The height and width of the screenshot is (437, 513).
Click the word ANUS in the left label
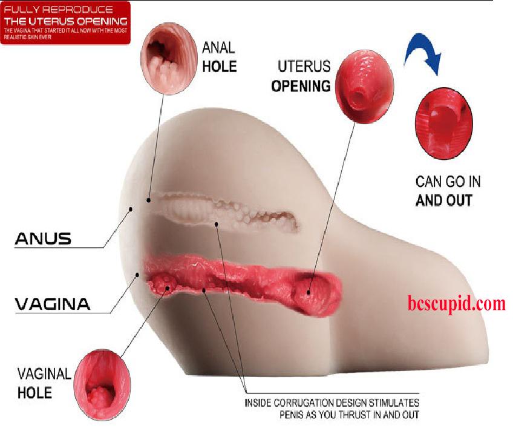43,238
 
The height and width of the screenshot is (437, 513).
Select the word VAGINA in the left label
53,304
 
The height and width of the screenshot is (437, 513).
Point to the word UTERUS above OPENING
304,67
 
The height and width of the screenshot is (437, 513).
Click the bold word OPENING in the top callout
301,86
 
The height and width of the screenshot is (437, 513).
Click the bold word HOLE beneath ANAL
220,67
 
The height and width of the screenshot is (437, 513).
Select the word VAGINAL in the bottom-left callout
44,374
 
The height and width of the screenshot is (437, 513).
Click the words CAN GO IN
448,182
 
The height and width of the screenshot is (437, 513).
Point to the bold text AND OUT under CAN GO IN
444,200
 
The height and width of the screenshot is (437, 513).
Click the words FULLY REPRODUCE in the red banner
58,10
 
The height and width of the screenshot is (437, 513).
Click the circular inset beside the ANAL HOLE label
169,59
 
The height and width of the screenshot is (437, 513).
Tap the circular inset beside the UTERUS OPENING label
365,87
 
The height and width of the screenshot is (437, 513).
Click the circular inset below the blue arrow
444,123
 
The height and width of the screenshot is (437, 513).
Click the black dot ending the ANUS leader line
131,209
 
